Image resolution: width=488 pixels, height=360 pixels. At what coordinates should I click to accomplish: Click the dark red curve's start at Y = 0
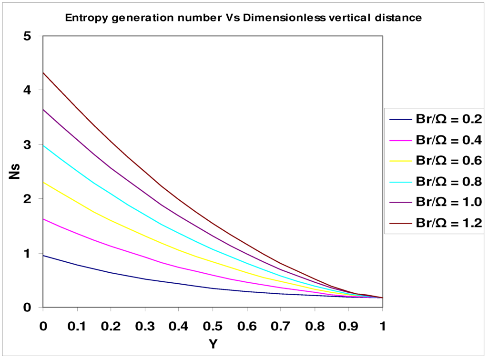pyautogui.click(x=43, y=72)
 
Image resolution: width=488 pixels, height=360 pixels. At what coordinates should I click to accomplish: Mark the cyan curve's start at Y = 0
pyautogui.click(x=43, y=145)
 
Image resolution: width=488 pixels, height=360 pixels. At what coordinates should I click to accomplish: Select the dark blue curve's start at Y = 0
pyautogui.click(x=43, y=256)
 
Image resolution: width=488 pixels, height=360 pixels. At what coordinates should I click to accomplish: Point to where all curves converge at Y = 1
pyautogui.click(x=382, y=298)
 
